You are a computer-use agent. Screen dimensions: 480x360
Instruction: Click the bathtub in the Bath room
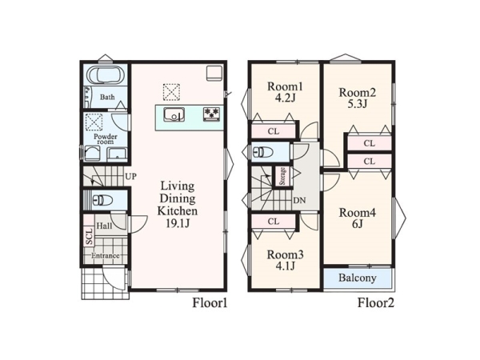coord(106,74)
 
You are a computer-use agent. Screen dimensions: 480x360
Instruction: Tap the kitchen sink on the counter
coord(174,114)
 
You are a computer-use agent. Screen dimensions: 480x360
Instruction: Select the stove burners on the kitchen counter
coord(211,113)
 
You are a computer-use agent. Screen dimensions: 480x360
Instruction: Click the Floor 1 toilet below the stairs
coord(102,201)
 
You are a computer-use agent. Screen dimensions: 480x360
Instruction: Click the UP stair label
coord(130,177)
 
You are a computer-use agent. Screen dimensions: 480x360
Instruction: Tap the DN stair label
coord(299,201)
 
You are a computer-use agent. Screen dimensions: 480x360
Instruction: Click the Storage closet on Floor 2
coord(282,176)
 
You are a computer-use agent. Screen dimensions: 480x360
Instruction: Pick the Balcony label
coord(358,278)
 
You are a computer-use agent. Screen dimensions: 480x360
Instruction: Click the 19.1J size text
coord(178,224)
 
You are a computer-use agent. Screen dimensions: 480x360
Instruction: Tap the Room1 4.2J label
coord(285,92)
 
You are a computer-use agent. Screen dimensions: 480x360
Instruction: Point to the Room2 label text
coord(358,93)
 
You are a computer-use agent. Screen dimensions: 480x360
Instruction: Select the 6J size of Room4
coord(358,224)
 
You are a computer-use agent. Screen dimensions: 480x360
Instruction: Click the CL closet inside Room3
coord(274,222)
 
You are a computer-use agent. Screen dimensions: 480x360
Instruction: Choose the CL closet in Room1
coord(274,131)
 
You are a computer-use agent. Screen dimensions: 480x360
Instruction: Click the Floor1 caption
coord(210,303)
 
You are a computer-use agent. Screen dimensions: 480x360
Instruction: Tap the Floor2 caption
coord(376,303)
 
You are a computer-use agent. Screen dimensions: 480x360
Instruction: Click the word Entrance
coord(106,256)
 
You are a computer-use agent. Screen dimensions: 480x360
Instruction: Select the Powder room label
coord(106,139)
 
